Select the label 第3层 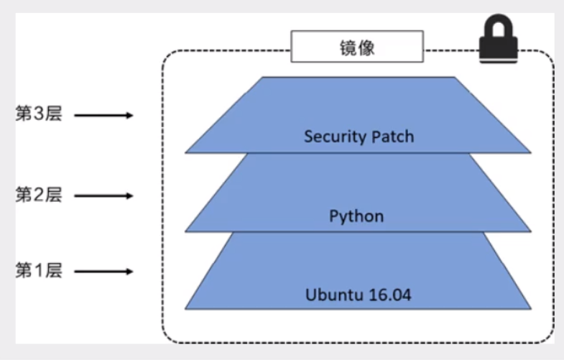click(x=39, y=114)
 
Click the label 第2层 click(x=39, y=194)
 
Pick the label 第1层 click(x=39, y=271)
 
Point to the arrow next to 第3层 click(x=103, y=115)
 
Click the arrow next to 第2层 click(x=103, y=195)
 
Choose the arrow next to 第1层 click(x=103, y=272)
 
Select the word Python click(x=356, y=216)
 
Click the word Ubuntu click(x=331, y=294)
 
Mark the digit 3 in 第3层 click(x=39, y=114)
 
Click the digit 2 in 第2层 click(x=39, y=194)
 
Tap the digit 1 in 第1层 click(x=39, y=271)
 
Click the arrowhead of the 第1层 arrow click(x=129, y=272)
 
